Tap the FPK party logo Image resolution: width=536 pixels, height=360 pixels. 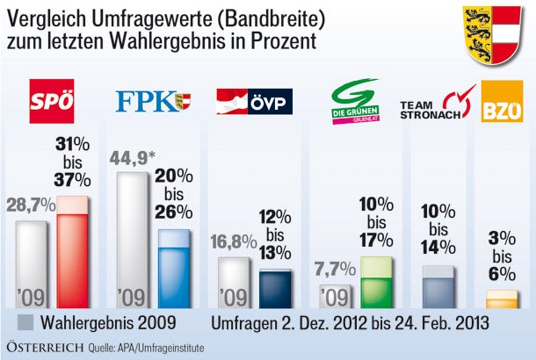pos(153,103)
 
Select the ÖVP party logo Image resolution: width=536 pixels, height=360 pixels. pos(254,103)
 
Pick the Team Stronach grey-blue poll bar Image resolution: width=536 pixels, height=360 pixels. pos(439,284)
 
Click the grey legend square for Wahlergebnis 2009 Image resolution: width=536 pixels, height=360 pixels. pos(26,320)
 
